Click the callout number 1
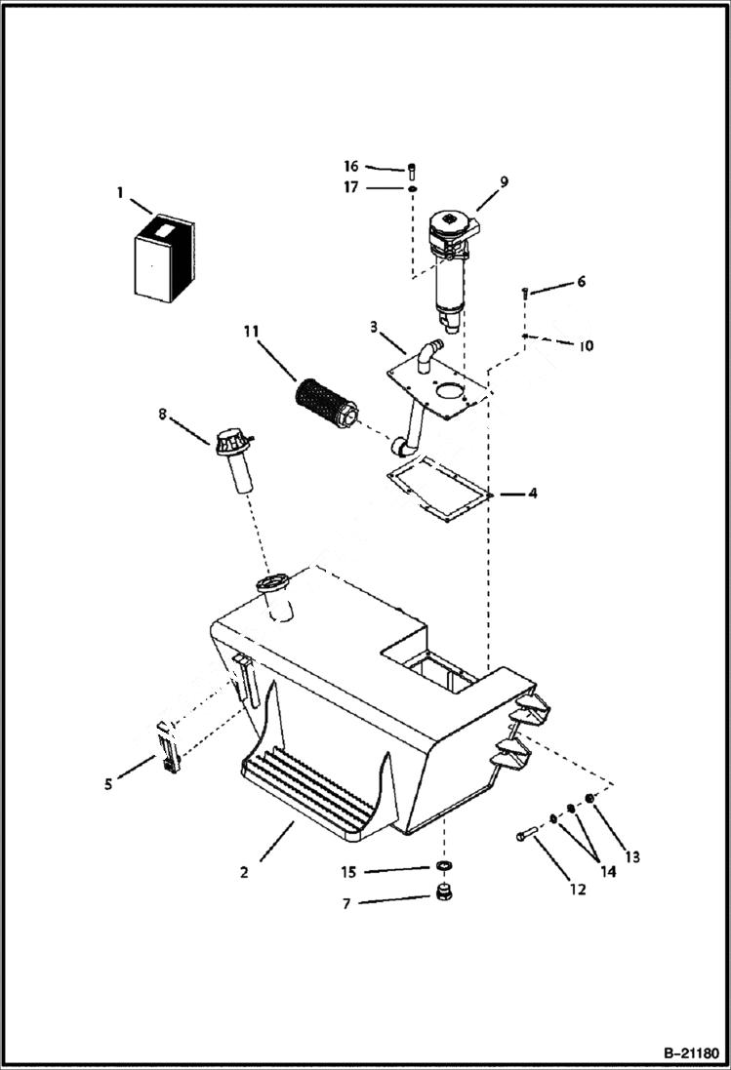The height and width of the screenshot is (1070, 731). [120, 193]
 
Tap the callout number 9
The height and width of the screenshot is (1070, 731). [504, 181]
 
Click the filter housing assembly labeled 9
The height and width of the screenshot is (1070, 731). [453, 258]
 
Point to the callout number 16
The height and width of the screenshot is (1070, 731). [351, 167]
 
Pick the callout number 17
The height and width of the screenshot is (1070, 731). [351, 187]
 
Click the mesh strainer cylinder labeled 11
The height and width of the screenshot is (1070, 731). [322, 403]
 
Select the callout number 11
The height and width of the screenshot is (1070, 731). [252, 334]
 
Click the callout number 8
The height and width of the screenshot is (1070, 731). [163, 415]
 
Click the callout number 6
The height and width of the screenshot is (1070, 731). [582, 282]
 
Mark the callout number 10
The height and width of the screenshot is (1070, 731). [587, 346]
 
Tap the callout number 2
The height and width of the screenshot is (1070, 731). [244, 872]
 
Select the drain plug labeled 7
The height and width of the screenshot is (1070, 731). [445, 895]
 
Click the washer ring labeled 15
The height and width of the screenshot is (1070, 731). [444, 867]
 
